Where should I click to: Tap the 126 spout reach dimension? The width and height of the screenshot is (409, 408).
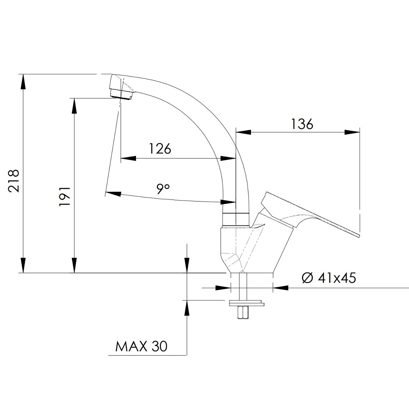click(160, 149)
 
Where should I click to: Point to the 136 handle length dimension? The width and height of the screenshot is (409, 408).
click(302, 124)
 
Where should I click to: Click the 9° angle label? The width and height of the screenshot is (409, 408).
click(163, 189)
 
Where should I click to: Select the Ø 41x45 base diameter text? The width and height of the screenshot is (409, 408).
click(329, 278)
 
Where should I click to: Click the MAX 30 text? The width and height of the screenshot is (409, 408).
click(141, 346)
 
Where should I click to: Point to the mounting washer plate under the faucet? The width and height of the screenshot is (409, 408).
click(246, 303)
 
